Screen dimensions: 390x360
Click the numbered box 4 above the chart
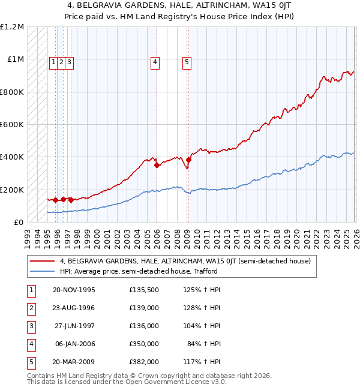point(155,61)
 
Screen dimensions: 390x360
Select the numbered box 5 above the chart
point(187,61)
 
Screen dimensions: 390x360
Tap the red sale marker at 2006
point(157,165)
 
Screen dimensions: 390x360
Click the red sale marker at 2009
point(188,160)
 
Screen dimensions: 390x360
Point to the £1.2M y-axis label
point(12,27)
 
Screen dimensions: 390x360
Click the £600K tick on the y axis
point(12,125)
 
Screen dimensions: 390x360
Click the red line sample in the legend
point(43,262)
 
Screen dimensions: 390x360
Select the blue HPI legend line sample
point(43,271)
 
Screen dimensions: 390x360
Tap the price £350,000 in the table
point(143,344)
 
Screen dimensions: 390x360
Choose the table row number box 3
point(31,326)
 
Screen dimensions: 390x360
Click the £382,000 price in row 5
point(143,362)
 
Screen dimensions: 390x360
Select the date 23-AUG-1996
point(74,308)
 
